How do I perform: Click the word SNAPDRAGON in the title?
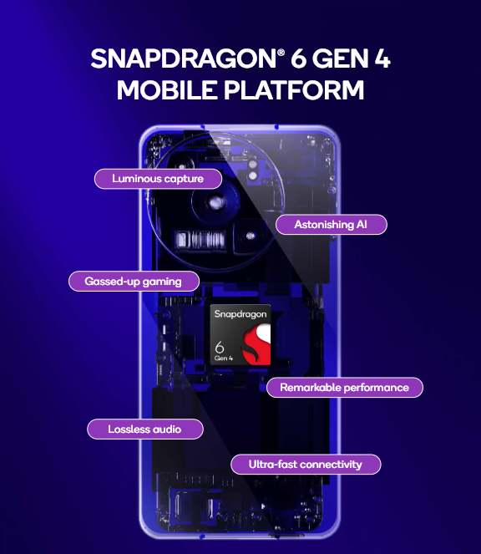(183, 58)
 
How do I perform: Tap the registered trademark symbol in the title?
(281, 53)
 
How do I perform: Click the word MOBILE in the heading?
(167, 89)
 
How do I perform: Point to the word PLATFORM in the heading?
(293, 89)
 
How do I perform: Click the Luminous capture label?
(158, 179)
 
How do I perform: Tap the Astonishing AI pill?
(331, 224)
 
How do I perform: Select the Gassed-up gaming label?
(134, 282)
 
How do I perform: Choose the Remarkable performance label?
(344, 387)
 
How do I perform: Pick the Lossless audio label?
(144, 429)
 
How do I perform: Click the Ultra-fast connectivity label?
(306, 465)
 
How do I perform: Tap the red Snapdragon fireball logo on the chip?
(256, 345)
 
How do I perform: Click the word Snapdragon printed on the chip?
(240, 313)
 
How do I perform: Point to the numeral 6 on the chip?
(220, 348)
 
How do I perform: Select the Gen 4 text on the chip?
(223, 358)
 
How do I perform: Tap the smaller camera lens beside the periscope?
(250, 236)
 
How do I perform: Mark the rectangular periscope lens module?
(200, 239)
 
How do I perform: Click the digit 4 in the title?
(382, 58)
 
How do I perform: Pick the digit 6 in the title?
(298, 58)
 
